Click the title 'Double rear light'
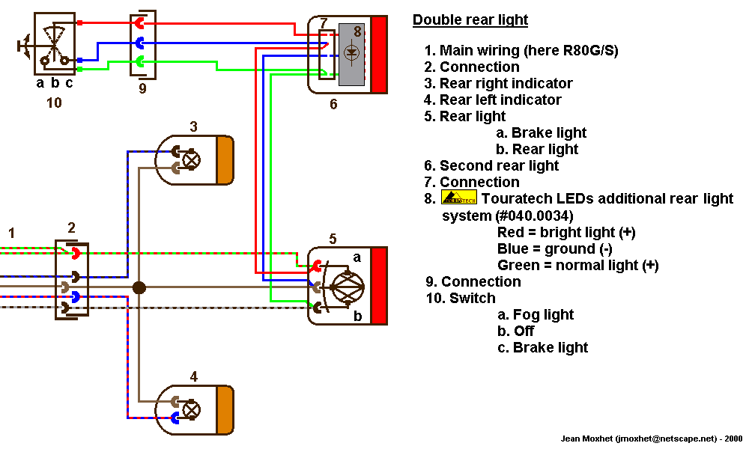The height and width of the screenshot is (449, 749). pyautogui.click(x=470, y=20)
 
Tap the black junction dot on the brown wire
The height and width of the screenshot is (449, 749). pyautogui.click(x=139, y=287)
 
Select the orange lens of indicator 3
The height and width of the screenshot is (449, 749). pyautogui.click(x=225, y=160)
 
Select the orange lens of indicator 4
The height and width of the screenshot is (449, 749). pyautogui.click(x=225, y=409)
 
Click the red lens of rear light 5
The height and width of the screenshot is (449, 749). pyautogui.click(x=379, y=285)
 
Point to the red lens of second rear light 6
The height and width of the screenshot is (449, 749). pyautogui.click(x=379, y=55)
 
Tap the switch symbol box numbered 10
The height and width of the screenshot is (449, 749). pyautogui.click(x=54, y=43)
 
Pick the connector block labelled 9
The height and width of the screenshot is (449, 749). pyautogui.click(x=142, y=43)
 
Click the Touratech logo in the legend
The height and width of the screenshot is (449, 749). pyautogui.click(x=459, y=198)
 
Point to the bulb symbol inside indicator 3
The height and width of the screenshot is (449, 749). pyautogui.click(x=192, y=159)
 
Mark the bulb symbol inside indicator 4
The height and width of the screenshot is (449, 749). pyautogui.click(x=192, y=409)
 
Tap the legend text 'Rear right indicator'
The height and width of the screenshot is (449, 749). pyautogui.click(x=506, y=83)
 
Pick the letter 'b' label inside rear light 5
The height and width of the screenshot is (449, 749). pyautogui.click(x=357, y=316)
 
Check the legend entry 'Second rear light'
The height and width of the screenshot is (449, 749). pyautogui.click(x=499, y=165)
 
